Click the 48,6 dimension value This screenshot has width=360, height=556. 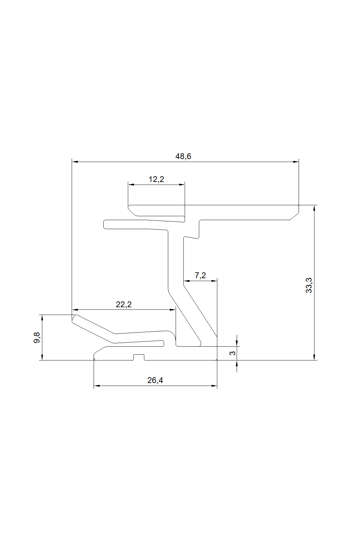(x=183, y=157)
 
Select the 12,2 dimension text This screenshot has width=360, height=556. (x=156, y=179)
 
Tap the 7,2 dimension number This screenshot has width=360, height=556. (x=200, y=276)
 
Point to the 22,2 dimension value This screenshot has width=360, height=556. (x=124, y=304)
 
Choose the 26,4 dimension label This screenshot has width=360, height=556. (x=155, y=380)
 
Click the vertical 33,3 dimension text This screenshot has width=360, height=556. (x=309, y=285)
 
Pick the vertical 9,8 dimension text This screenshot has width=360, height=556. (x=37, y=338)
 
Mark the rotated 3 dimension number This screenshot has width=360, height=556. (x=233, y=353)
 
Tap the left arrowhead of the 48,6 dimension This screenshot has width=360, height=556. (x=75, y=162)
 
